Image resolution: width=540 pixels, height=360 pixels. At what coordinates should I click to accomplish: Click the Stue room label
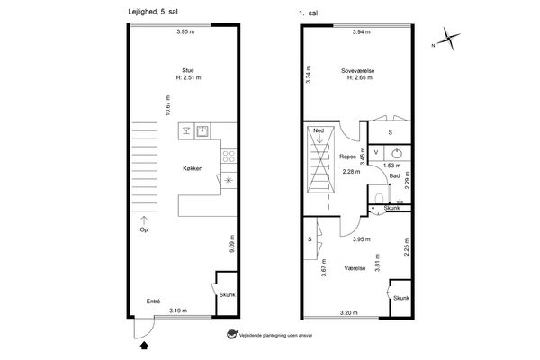(x=188, y=70)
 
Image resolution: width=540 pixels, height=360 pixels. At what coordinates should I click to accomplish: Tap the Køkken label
(x=193, y=168)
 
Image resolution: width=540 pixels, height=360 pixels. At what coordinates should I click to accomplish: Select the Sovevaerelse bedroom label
(x=358, y=71)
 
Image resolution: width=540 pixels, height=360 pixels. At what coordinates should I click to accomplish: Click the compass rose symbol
(x=449, y=38)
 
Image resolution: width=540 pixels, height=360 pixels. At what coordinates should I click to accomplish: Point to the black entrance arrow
(x=144, y=345)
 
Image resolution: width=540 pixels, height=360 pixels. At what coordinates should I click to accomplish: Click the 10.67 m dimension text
(x=167, y=105)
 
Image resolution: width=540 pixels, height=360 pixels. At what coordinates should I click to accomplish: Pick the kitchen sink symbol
(x=202, y=130)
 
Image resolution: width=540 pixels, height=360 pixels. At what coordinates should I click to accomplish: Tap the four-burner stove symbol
(x=229, y=156)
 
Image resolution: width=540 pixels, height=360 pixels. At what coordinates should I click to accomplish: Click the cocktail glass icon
(x=186, y=130)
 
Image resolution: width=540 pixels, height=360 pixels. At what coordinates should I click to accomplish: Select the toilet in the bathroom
(x=379, y=199)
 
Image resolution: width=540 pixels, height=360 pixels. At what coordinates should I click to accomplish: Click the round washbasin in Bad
(x=398, y=153)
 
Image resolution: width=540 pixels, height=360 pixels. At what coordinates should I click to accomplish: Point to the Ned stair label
(x=319, y=130)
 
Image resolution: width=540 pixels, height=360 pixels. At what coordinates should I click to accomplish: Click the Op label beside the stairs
(x=144, y=229)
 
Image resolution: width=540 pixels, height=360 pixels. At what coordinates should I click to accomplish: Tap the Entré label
(x=153, y=301)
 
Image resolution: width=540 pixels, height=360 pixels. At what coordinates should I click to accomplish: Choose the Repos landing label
(x=347, y=157)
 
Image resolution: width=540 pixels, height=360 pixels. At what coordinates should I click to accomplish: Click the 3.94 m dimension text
(x=361, y=32)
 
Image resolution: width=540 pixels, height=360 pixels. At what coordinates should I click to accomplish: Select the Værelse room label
(x=355, y=268)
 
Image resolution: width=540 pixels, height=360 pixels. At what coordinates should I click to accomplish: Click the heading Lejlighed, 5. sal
(x=153, y=12)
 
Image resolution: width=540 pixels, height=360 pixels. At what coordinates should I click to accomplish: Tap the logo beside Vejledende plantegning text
(x=232, y=334)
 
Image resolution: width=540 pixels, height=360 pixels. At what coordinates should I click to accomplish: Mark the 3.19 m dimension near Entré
(x=178, y=310)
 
